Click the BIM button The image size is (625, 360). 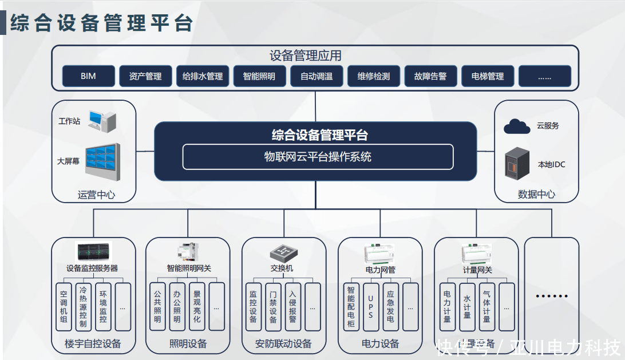coord(88,76)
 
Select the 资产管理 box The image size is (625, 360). coord(145,76)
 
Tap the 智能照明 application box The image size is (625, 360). coord(259,76)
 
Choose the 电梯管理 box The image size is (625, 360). coord(488,76)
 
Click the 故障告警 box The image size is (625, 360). coord(430,76)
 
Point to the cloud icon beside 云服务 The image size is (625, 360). coord(517,126)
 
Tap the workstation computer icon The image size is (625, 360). coord(101,121)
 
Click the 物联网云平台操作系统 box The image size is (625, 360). coord(318,157)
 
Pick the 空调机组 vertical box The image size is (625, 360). coord(64,307)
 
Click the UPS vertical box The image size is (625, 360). coord(370,307)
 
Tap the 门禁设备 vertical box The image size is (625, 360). coord(273,307)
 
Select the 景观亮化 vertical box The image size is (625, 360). coord(197,307)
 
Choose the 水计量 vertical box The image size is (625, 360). coord(467,307)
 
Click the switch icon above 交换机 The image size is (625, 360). coord(282,252)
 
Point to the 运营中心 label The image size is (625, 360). coord(96,195)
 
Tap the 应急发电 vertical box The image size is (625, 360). coord(390,307)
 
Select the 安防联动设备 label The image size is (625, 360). coord(283,344)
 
